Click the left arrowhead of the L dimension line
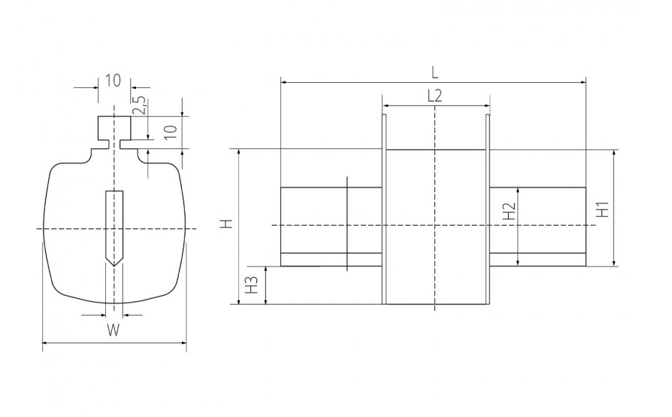[x=283, y=83]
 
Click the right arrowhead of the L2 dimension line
[x=487, y=105]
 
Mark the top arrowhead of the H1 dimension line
[x=615, y=152]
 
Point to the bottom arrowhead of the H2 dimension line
[x=518, y=262]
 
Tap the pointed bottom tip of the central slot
[x=114, y=266]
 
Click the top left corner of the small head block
[x=98, y=116]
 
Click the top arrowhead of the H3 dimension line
[x=266, y=269]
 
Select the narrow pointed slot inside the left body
[x=114, y=228]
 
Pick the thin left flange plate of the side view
[x=384, y=209]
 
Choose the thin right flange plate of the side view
[x=488, y=209]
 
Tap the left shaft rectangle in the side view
[x=331, y=227]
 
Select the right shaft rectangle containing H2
[x=538, y=227]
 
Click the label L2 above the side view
[x=434, y=96]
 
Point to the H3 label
[x=253, y=285]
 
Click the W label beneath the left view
[x=114, y=330]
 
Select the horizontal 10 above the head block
[x=114, y=81]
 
